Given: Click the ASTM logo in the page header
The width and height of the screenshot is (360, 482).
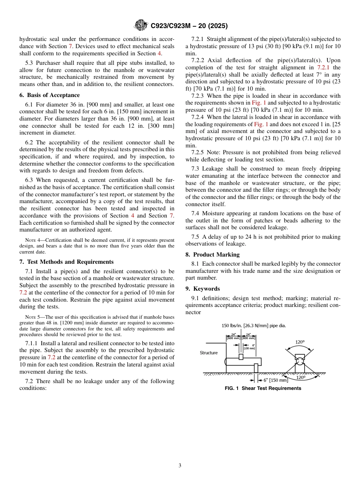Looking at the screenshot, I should [x=141, y=26].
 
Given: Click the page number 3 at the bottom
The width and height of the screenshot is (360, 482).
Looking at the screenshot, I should [x=180, y=465].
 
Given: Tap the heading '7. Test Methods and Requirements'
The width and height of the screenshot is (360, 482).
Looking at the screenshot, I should [x=66, y=262].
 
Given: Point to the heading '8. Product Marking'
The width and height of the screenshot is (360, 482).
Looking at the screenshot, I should [x=212, y=255].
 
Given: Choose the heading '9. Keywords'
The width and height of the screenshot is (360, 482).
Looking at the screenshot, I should [x=202, y=289].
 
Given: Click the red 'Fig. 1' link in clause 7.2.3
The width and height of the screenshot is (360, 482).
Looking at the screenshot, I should [x=259, y=103].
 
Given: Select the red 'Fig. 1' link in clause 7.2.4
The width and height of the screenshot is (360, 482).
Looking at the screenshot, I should [x=261, y=124].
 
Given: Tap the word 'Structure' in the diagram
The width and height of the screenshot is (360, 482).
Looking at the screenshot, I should [x=209, y=353].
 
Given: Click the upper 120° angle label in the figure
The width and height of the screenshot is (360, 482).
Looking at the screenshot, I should [x=300, y=342].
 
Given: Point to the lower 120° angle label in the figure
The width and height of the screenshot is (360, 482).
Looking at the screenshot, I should [x=300, y=377].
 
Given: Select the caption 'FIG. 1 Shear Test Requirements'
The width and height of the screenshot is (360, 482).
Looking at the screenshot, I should [x=263, y=388].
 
